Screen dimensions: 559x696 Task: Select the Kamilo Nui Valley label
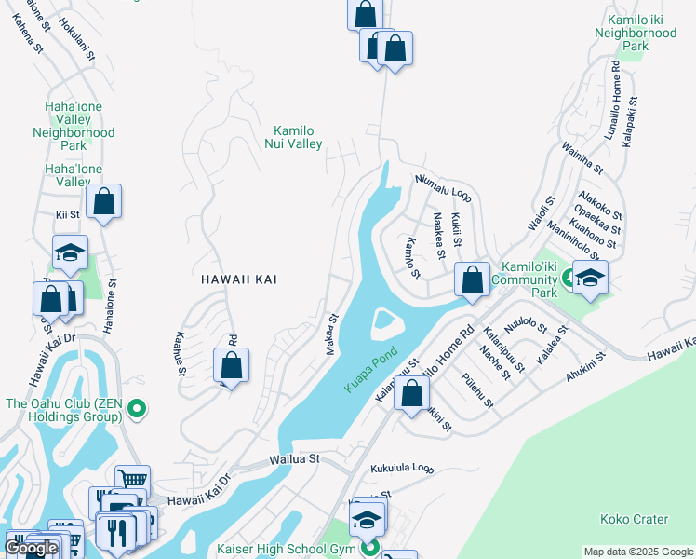(x=298, y=137)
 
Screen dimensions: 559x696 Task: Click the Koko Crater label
(x=636, y=519)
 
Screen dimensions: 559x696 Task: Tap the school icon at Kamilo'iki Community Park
(x=590, y=278)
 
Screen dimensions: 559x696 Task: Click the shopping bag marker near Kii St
(x=104, y=201)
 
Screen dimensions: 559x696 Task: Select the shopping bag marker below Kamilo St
(x=472, y=279)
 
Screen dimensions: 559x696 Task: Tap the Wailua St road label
(x=294, y=459)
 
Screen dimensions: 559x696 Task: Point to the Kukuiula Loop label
(x=402, y=468)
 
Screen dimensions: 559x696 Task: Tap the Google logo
(x=31, y=548)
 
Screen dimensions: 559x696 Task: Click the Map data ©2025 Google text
(x=637, y=552)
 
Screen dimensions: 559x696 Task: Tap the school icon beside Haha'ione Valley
(x=70, y=252)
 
